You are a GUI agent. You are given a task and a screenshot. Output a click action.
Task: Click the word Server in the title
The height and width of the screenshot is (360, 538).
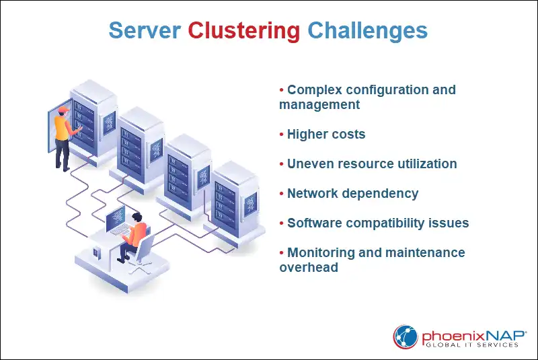(x=145, y=31)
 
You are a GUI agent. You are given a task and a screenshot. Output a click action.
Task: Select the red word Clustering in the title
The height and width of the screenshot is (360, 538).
(x=243, y=31)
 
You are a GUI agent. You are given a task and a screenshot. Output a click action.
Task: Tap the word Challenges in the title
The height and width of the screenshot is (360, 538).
(x=367, y=31)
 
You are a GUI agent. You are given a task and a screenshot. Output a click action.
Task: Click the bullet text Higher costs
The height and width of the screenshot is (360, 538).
(x=326, y=135)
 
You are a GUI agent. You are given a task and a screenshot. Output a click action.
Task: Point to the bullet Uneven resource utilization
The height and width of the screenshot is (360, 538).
(x=372, y=164)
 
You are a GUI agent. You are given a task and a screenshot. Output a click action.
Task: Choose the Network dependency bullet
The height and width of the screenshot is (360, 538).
(x=352, y=194)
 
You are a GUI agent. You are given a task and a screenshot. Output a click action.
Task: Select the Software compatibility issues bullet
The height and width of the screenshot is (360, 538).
(x=378, y=223)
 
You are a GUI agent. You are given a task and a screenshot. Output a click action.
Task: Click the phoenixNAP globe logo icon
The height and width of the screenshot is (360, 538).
(x=406, y=336)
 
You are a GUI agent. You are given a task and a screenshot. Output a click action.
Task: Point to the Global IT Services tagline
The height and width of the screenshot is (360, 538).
(x=470, y=345)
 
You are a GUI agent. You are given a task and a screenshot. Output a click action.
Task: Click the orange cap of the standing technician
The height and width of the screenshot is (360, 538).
(x=63, y=110)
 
